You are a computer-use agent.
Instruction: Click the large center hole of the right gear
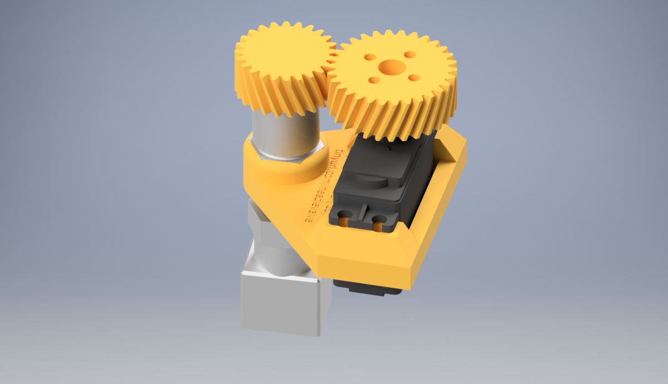pyautogui.click(x=392, y=68)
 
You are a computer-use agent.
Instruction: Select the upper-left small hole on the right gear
pyautogui.click(x=370, y=57)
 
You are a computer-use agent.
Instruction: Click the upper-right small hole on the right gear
pyautogui.click(x=409, y=55)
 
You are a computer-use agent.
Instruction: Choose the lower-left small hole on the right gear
pyautogui.click(x=374, y=80)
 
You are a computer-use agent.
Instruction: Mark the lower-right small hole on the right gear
pyautogui.click(x=413, y=77)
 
